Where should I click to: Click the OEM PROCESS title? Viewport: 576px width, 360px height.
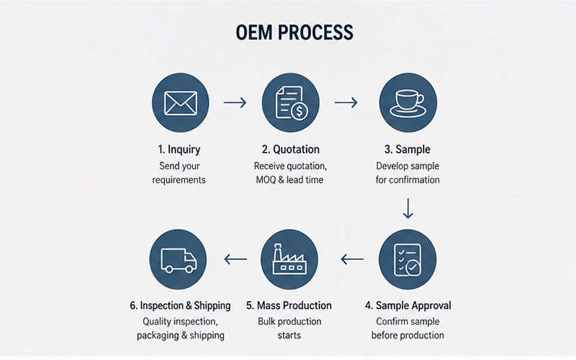[294, 32]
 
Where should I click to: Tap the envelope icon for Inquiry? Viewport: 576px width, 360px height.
[181, 103]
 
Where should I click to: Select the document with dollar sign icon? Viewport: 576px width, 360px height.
[292, 102]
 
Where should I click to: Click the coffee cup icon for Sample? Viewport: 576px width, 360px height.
[408, 104]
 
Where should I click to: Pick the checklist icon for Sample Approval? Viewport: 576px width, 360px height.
[408, 260]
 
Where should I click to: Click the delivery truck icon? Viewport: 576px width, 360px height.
[179, 261]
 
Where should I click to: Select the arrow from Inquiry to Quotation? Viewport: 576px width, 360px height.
[235, 102]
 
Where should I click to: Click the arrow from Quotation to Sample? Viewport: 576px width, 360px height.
[346, 102]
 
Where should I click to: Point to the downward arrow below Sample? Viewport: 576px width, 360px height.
[408, 209]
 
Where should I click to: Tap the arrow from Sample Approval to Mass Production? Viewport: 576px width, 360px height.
[352, 259]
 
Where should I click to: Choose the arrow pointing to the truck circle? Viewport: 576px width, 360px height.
[235, 259]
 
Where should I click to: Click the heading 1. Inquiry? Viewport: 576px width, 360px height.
[179, 150]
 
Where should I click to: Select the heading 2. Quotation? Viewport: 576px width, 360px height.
[291, 150]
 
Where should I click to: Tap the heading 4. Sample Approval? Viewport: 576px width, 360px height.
[408, 305]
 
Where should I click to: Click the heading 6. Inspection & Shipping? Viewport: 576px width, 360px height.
[180, 305]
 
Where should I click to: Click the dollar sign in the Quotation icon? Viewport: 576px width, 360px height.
[300, 111]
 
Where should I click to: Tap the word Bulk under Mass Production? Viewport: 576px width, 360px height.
[266, 321]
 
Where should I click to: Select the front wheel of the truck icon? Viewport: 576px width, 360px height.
[189, 269]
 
